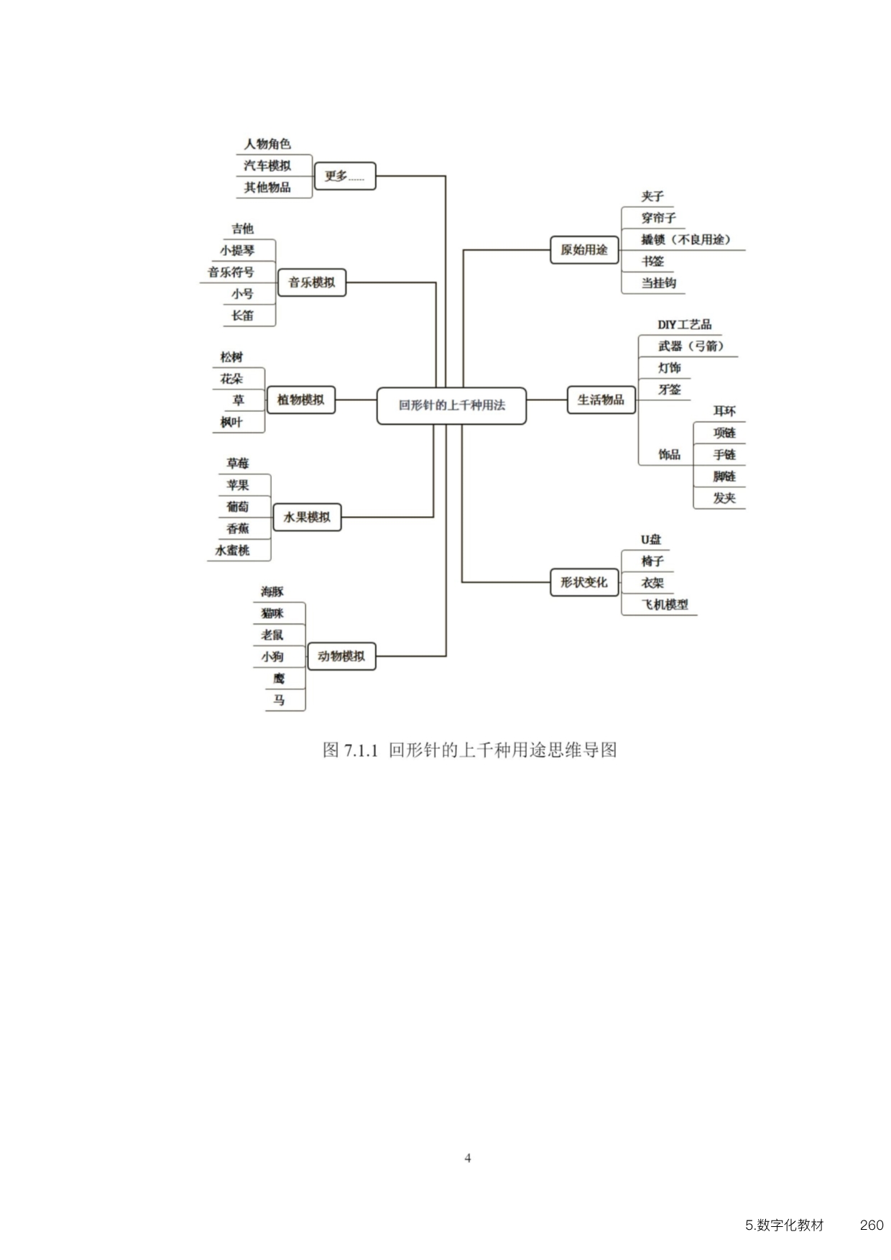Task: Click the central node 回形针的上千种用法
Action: [451, 405]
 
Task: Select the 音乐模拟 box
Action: [312, 282]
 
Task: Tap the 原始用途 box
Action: [584, 249]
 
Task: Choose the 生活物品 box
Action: [601, 400]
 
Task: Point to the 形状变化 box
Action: [584, 582]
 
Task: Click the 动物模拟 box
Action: [341, 656]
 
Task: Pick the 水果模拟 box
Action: [307, 517]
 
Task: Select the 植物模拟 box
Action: [300, 400]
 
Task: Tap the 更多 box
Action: [345, 175]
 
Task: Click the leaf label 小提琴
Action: [237, 250]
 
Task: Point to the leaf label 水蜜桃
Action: [232, 550]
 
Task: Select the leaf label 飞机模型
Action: [665, 604]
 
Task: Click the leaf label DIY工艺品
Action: [684, 325]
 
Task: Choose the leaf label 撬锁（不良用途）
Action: [686, 239]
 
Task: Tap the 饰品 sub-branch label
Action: [670, 454]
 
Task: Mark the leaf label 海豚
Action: [272, 592]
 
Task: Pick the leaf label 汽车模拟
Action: [267, 165]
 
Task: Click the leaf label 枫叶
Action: [231, 422]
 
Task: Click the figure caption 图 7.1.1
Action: [350, 750]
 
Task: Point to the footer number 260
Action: [872, 1225]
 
